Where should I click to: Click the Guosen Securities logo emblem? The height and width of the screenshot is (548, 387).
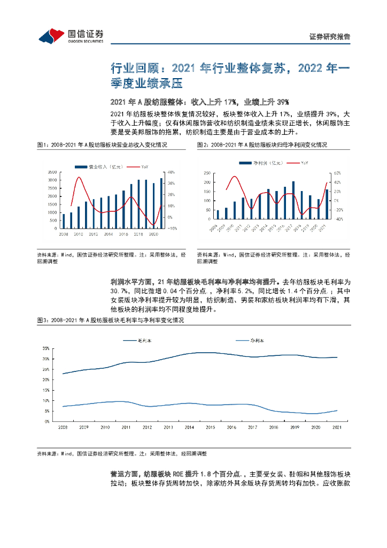click(x=51, y=36)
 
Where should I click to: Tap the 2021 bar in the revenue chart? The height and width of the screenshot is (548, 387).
click(x=161, y=203)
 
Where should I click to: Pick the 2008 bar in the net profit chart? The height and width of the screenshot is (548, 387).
click(x=218, y=214)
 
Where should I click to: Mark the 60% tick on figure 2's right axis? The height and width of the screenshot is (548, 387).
click(x=337, y=173)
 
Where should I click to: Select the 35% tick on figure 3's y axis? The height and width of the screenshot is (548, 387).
click(x=46, y=348)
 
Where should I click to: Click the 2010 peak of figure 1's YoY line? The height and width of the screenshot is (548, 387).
click(x=79, y=177)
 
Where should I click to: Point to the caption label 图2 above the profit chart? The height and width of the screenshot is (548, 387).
click(x=202, y=145)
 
